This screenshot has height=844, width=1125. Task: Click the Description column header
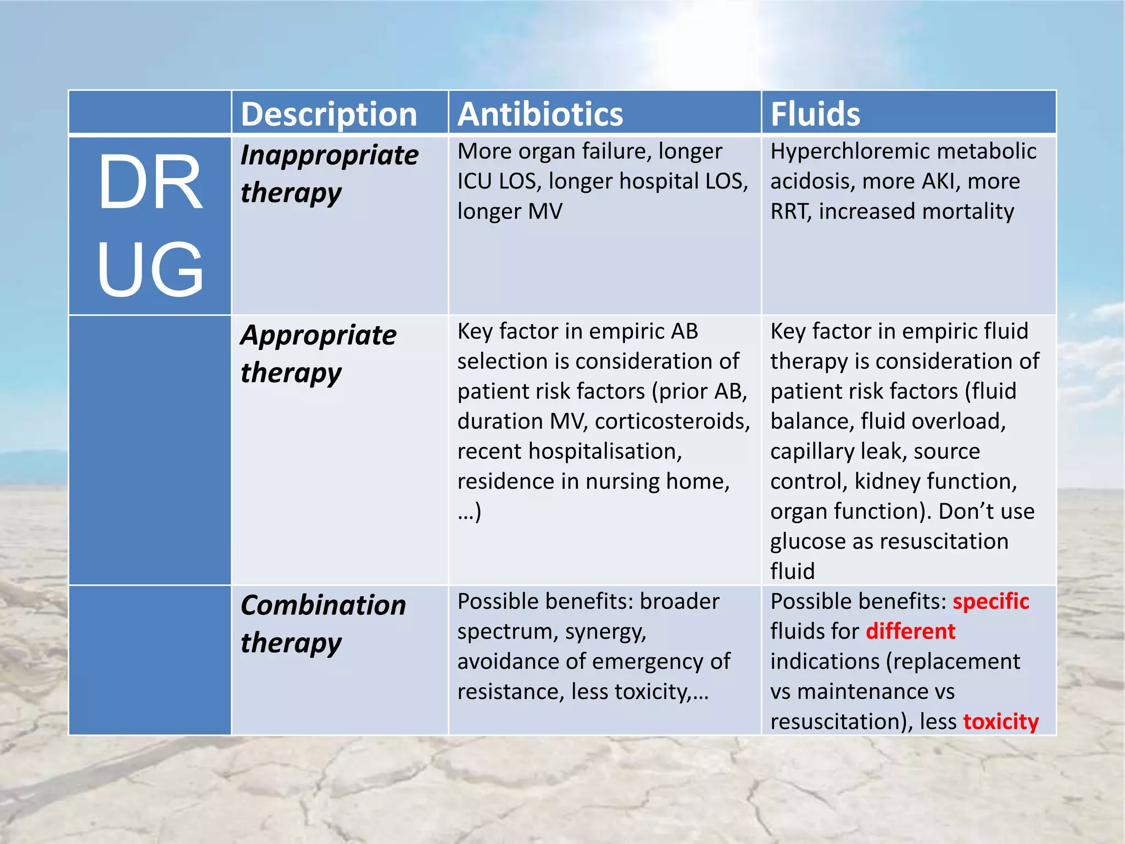[328, 114]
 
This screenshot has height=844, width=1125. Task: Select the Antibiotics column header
[540, 114]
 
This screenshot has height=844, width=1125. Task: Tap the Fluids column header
[815, 114]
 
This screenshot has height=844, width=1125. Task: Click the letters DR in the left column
[150, 182]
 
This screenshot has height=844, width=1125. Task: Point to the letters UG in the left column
[150, 269]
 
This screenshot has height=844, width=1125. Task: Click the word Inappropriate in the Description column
[330, 155]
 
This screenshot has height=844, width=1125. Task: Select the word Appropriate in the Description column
[319, 335]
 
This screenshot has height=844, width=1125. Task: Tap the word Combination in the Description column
[323, 606]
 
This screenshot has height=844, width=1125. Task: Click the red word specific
[990, 602]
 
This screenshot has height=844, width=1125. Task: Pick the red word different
[911, 631]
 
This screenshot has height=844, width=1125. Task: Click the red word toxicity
[1001, 721]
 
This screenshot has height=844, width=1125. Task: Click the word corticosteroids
[672, 421]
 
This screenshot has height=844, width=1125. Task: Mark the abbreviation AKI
[941, 181]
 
